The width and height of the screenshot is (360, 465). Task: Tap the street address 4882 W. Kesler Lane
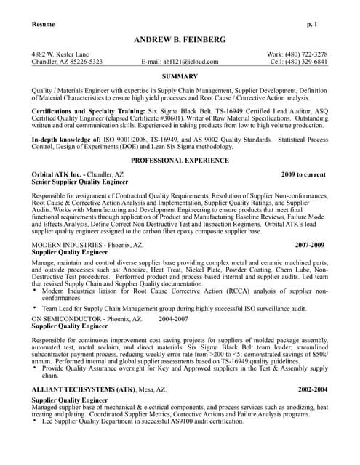(60, 54)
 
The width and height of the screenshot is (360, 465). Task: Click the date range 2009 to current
(304, 175)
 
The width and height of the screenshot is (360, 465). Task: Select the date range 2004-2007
(173, 319)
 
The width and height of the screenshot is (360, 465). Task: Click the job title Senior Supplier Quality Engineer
(80, 183)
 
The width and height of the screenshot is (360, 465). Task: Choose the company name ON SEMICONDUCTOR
(65, 319)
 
